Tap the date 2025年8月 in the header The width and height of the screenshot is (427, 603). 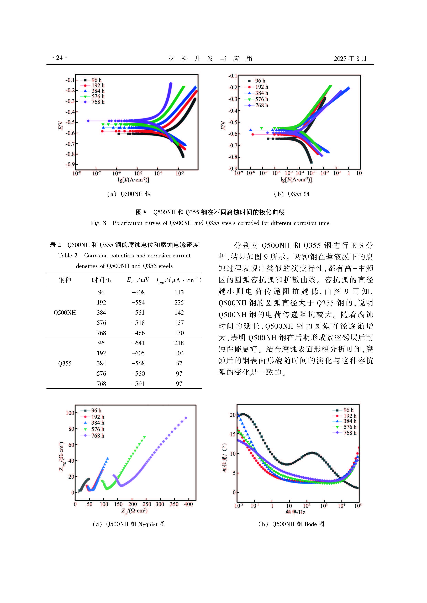tap(350, 58)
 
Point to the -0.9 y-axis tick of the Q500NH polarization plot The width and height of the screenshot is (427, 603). tap(70, 164)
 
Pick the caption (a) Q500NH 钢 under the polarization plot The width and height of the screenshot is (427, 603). tap(129, 194)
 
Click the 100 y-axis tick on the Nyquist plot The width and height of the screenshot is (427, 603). tap(70, 413)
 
